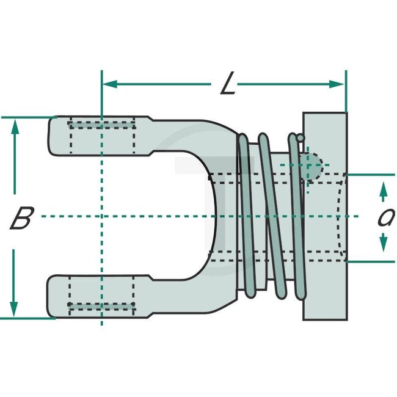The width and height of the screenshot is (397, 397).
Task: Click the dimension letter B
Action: [21, 218]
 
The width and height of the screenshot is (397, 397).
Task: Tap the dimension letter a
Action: [384, 217]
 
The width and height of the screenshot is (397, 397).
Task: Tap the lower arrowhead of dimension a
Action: [383, 246]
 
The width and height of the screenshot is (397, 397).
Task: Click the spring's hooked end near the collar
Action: [299, 139]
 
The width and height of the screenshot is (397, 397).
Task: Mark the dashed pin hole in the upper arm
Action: [101, 136]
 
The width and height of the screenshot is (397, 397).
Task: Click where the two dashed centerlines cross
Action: [101, 216]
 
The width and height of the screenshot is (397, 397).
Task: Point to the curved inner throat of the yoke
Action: [211, 216]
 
